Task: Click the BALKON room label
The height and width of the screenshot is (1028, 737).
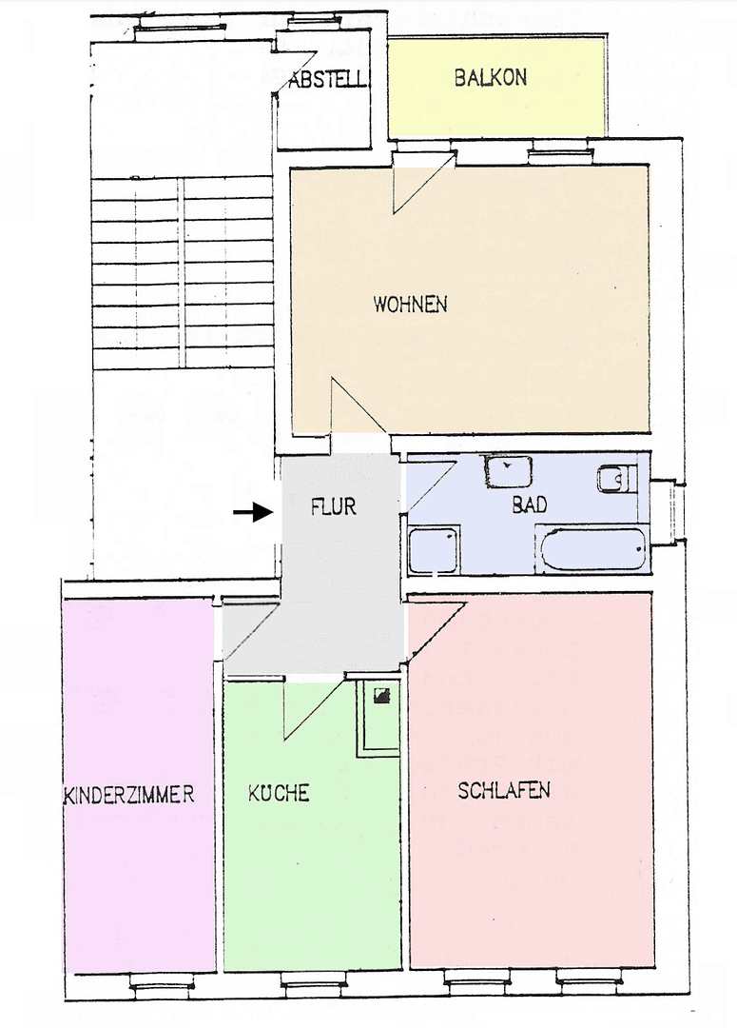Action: point(490,78)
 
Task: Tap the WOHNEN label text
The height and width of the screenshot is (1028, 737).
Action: point(410,306)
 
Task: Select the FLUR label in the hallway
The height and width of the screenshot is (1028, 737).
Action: point(334,506)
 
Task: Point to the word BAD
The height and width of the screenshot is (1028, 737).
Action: point(530,505)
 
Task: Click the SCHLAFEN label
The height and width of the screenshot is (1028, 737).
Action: point(504,791)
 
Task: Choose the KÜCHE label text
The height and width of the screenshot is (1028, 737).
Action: point(279,793)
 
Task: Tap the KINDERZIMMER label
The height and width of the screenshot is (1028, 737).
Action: point(129,795)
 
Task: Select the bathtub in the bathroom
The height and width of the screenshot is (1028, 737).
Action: point(591,551)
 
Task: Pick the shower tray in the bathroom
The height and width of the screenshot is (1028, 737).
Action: point(434,550)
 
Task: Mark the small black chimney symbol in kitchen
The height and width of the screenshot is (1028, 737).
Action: point(381,696)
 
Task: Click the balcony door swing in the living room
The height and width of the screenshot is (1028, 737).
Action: point(418,186)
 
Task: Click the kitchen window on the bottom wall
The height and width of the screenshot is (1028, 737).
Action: point(312,986)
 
